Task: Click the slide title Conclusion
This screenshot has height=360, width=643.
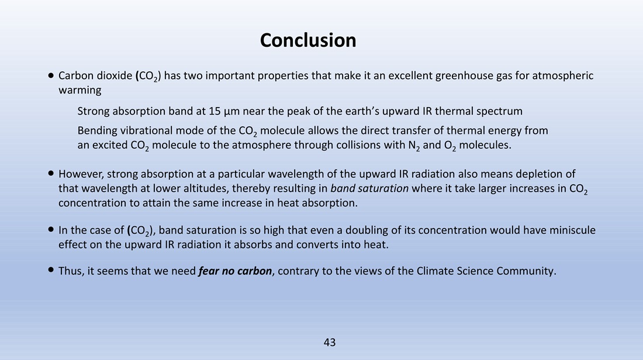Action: tap(308, 40)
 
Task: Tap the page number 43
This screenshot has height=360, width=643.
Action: tap(330, 342)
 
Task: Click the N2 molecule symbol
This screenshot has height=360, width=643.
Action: tap(414, 146)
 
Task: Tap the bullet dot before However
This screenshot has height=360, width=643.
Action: tap(51, 174)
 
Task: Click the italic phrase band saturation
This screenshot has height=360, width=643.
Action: tap(369, 188)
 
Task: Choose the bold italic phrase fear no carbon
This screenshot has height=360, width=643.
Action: tap(235, 271)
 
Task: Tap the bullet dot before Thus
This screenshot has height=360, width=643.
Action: tap(51, 269)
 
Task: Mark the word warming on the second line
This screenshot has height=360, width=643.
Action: tap(80, 91)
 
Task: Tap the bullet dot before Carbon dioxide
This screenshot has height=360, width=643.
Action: tap(51, 75)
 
